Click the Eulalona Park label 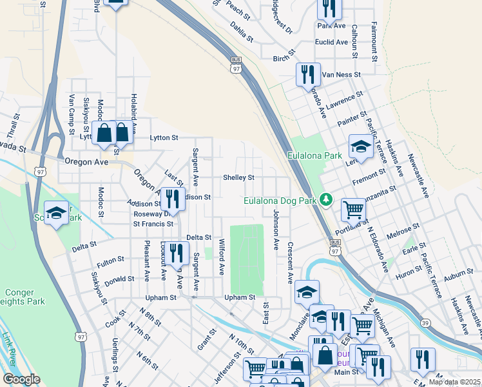click(315, 155)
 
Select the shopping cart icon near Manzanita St click(353, 209)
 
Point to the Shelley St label click(238, 177)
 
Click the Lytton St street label click(163, 137)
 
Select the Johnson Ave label click(276, 230)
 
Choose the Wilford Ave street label click(221, 256)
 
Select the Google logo click(21, 379)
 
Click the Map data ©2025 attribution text click(454, 382)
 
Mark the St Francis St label click(153, 224)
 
